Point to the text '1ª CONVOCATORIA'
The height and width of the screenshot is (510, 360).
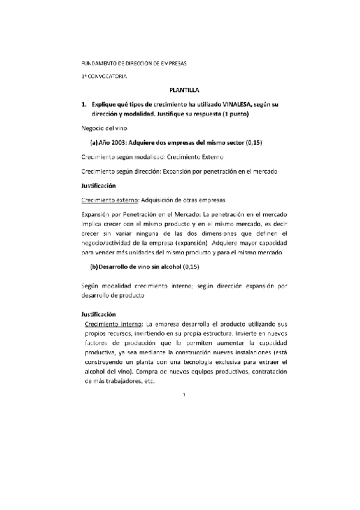[105, 76]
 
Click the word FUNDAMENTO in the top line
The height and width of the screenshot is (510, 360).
[98, 63]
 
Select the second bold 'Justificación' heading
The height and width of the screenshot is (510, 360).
[99, 314]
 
